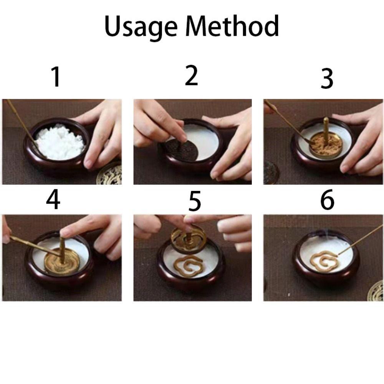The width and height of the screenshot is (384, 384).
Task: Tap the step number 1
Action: coord(56,77)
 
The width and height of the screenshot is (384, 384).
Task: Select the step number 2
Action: coord(191,75)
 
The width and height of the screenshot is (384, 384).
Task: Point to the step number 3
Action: coord(327,78)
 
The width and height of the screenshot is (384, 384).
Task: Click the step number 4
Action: coord(53,199)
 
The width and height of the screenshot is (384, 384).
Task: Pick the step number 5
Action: coord(194,201)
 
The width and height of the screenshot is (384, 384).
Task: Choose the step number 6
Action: coord(327,199)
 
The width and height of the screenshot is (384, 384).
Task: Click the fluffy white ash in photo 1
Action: coord(60,142)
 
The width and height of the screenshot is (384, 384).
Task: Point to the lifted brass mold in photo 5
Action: coord(188,239)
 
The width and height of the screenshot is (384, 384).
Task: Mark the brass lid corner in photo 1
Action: coord(110,175)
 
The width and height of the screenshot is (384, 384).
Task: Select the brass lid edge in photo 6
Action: coord(376,291)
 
